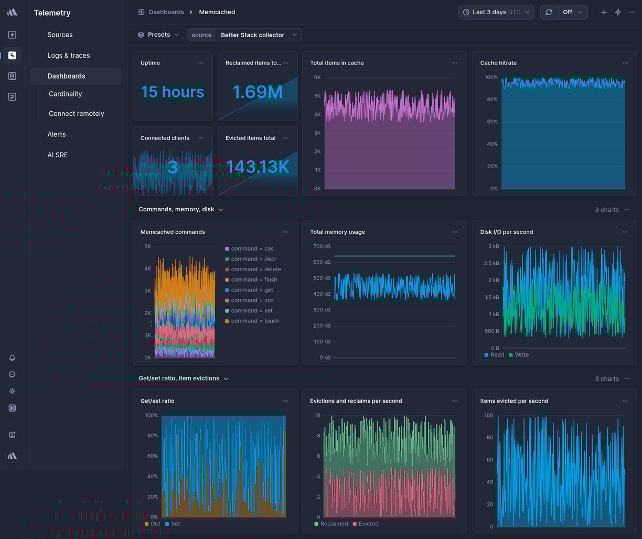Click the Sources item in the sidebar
coord(60,35)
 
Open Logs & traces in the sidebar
coord(68,56)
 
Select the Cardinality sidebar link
coord(65,94)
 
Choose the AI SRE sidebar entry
coord(57,155)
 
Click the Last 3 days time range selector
coord(496,12)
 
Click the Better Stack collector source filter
coord(252,35)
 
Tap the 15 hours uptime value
coord(172,92)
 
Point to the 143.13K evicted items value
coord(258,167)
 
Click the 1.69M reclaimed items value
coord(258,92)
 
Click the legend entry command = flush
coord(254,280)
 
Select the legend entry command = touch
coord(255,321)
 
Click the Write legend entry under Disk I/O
coord(521,355)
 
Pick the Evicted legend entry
coord(368,524)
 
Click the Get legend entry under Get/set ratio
coord(155,524)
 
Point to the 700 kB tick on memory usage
coord(322,246)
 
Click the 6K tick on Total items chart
coord(317,78)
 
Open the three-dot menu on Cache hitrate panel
coord(625,63)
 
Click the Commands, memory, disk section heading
coord(176,210)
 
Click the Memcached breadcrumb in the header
coord(217,12)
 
